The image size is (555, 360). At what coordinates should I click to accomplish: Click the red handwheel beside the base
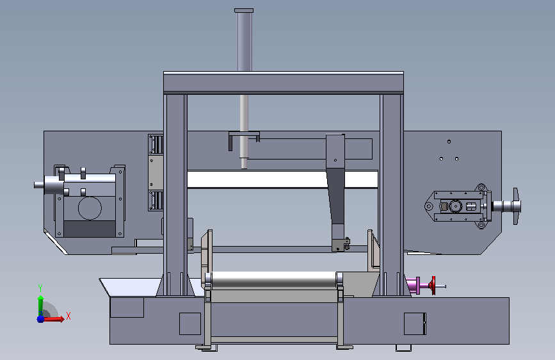tap(433, 285)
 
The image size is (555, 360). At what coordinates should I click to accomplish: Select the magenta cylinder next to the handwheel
tap(414, 286)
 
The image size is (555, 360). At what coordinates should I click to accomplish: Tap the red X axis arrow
tap(53, 319)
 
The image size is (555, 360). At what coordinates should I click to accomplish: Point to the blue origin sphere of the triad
tap(40, 319)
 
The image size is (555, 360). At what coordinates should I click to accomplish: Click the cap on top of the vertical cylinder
tap(244, 11)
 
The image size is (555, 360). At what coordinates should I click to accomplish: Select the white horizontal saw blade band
tap(282, 179)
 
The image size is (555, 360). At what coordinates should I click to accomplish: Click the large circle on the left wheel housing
tap(90, 208)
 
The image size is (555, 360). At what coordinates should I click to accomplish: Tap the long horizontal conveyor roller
tap(273, 279)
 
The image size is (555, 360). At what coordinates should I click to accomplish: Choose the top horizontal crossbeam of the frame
tap(283, 83)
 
